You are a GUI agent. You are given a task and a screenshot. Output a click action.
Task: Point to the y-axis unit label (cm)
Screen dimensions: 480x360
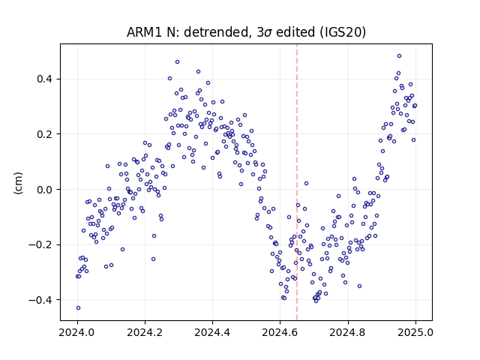(18, 183)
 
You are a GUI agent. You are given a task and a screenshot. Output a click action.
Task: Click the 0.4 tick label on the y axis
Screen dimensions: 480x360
(44, 79)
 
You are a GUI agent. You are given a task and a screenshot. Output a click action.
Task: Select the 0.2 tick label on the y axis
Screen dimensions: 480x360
(44, 134)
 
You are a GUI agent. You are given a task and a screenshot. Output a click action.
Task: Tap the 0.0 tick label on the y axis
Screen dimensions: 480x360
(44, 190)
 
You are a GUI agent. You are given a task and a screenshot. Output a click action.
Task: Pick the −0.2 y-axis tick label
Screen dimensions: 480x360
(40, 244)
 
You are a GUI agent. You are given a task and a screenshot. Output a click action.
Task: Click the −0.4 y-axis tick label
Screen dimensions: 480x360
(40, 300)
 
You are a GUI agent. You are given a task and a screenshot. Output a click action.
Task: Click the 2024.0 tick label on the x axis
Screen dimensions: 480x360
(77, 332)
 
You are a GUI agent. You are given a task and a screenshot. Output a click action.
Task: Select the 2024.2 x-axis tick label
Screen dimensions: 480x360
(145, 332)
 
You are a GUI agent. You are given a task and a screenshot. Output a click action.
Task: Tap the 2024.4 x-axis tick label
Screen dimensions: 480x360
(212, 332)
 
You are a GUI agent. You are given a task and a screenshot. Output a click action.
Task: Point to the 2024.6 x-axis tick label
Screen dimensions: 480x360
(280, 332)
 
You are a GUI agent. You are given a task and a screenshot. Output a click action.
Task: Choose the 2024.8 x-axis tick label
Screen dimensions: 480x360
(348, 332)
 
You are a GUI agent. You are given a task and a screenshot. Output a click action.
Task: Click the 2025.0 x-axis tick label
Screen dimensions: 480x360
(415, 332)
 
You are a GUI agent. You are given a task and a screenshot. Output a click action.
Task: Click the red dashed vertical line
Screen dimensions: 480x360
(297, 182)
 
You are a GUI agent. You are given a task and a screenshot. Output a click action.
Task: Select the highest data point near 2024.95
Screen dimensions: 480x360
(399, 56)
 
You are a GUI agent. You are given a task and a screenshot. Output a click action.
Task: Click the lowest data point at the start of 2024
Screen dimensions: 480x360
(78, 308)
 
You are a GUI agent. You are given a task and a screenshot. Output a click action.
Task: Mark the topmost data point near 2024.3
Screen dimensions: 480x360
(177, 61)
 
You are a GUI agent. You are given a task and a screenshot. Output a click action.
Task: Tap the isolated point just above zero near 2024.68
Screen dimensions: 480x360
(306, 183)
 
